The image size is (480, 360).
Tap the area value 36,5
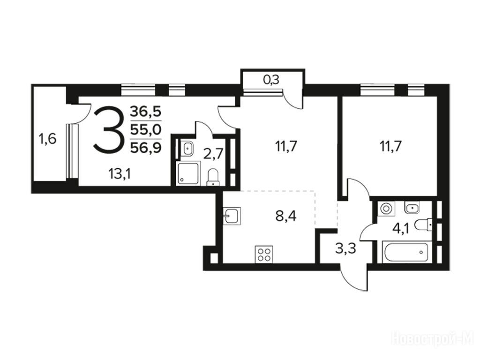pos(146,112)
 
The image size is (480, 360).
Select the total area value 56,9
pos(146,148)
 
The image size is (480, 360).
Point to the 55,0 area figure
pos(146,130)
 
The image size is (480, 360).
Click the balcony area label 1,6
pos(47,139)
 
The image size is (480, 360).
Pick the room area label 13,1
pos(120,174)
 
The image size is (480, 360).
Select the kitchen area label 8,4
pos(286,216)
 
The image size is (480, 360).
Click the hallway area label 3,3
pos(345,248)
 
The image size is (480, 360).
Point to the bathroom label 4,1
pos(401,229)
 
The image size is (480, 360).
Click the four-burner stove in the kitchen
pos(264,254)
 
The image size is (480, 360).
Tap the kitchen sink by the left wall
pos(232,216)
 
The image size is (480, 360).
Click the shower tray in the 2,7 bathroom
pos(188,173)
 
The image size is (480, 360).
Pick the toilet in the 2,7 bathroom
pos(213,177)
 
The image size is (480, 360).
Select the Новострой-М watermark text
pos(433,339)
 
